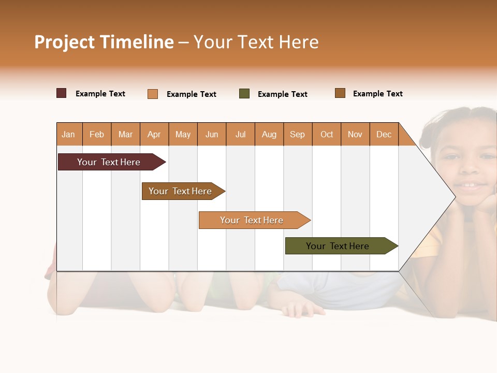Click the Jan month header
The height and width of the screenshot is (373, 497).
click(68, 135)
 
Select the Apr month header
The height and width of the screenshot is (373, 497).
click(154, 135)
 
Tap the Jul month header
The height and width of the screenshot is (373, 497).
click(240, 135)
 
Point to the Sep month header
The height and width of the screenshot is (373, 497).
click(297, 135)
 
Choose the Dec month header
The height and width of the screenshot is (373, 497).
click(384, 135)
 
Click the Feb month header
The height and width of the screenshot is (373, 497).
click(97, 135)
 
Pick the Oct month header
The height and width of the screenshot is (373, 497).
click(327, 135)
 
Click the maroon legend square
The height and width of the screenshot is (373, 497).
click(62, 93)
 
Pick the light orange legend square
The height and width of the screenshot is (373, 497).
click(153, 94)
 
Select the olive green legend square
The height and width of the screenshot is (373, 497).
click(244, 94)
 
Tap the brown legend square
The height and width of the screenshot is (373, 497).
click(340, 93)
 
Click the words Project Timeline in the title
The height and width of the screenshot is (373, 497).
click(104, 42)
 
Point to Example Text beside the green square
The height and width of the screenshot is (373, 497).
click(282, 94)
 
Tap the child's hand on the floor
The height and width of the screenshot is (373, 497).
click(303, 310)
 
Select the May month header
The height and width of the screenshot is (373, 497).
click(183, 135)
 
